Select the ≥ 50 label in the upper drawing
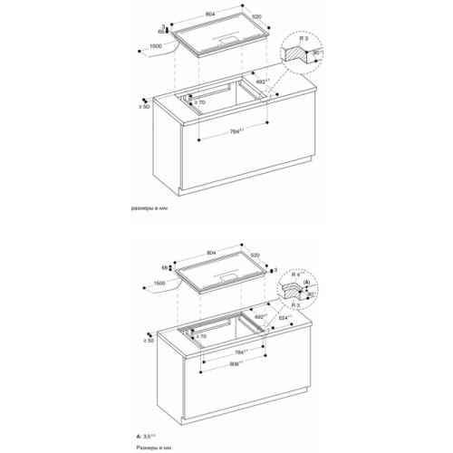[146, 107]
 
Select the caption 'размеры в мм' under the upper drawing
[151, 209]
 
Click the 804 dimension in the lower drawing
[210, 252]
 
